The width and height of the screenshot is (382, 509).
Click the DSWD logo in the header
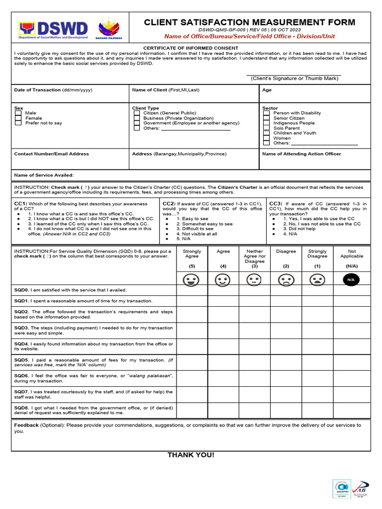53,30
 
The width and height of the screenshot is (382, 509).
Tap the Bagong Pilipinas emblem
110,29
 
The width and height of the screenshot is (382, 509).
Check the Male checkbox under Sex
18,113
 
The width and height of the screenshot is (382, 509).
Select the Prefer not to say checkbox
18,123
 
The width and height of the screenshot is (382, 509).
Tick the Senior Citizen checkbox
266,118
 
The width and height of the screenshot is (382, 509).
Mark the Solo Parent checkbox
266,128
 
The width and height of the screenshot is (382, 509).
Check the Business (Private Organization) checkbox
137,118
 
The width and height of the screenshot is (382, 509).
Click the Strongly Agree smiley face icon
191,280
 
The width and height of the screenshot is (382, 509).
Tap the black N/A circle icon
351,280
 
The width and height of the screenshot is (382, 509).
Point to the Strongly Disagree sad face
317,280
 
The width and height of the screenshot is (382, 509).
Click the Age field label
267,90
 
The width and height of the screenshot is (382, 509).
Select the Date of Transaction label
38,90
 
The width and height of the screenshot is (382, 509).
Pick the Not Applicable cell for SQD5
352,362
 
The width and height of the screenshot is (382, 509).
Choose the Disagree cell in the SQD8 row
286,410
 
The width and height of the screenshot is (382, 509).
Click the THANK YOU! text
191,455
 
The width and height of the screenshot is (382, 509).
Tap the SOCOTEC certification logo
341,488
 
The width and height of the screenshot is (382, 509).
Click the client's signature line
293,75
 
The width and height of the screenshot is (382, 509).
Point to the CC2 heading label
169,204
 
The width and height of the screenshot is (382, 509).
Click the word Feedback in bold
26,425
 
